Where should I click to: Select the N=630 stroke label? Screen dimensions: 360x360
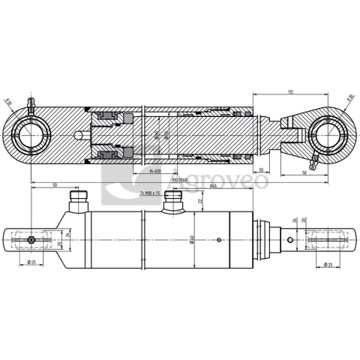pos(156,172)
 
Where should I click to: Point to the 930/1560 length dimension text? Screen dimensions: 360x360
pos(179,180)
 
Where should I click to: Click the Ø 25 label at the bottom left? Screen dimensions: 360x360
pos(33,262)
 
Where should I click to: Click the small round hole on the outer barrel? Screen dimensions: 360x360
pos(217,241)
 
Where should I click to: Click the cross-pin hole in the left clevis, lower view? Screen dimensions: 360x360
pos(31,240)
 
